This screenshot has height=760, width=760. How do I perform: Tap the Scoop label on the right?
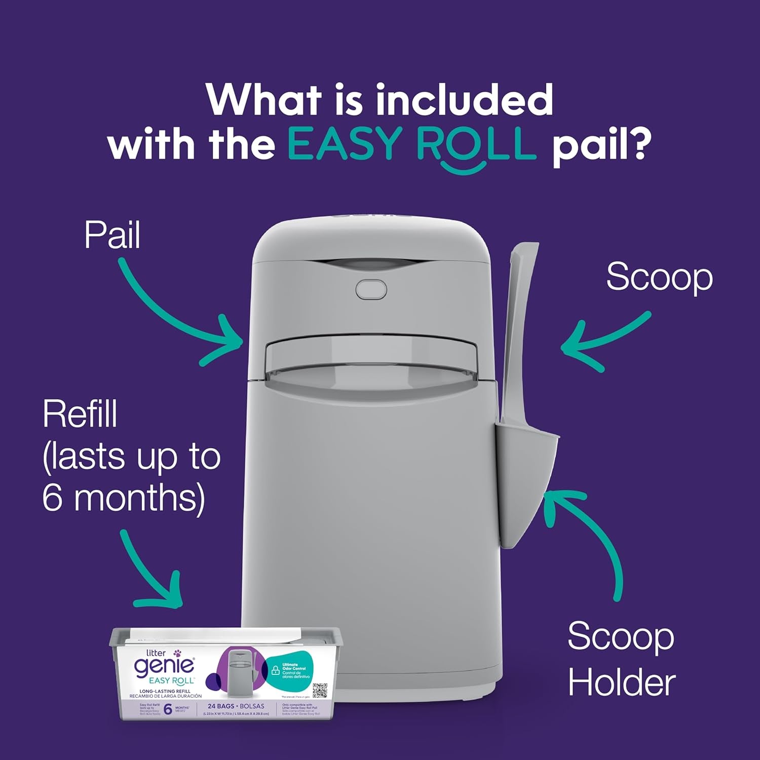[659, 277]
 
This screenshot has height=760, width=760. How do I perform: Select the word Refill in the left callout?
[80, 414]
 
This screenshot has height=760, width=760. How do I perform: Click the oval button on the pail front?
[371, 290]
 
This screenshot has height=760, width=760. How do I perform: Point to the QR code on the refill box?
[320, 691]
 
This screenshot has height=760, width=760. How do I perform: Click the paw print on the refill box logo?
[177, 654]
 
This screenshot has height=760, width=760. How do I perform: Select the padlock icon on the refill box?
[275, 670]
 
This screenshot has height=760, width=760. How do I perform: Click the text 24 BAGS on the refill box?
[221, 706]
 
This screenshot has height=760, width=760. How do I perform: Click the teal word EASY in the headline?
[345, 144]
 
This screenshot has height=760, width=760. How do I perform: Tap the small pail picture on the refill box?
[240, 674]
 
